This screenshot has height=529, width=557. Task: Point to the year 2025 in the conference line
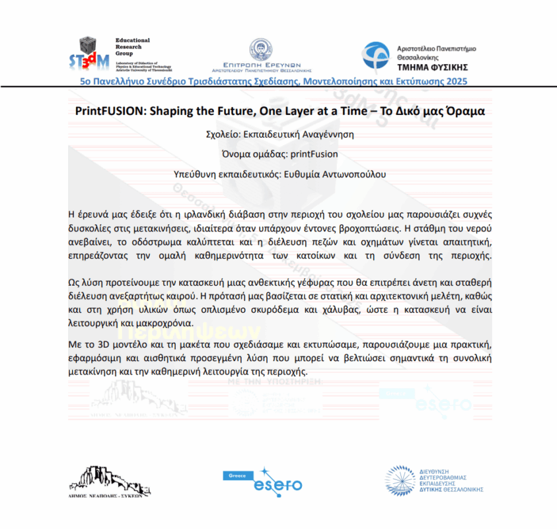point(456,81)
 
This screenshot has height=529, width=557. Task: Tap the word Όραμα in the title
point(468,112)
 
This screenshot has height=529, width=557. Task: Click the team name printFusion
point(314,154)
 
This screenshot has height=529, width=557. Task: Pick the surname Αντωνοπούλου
point(353,175)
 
